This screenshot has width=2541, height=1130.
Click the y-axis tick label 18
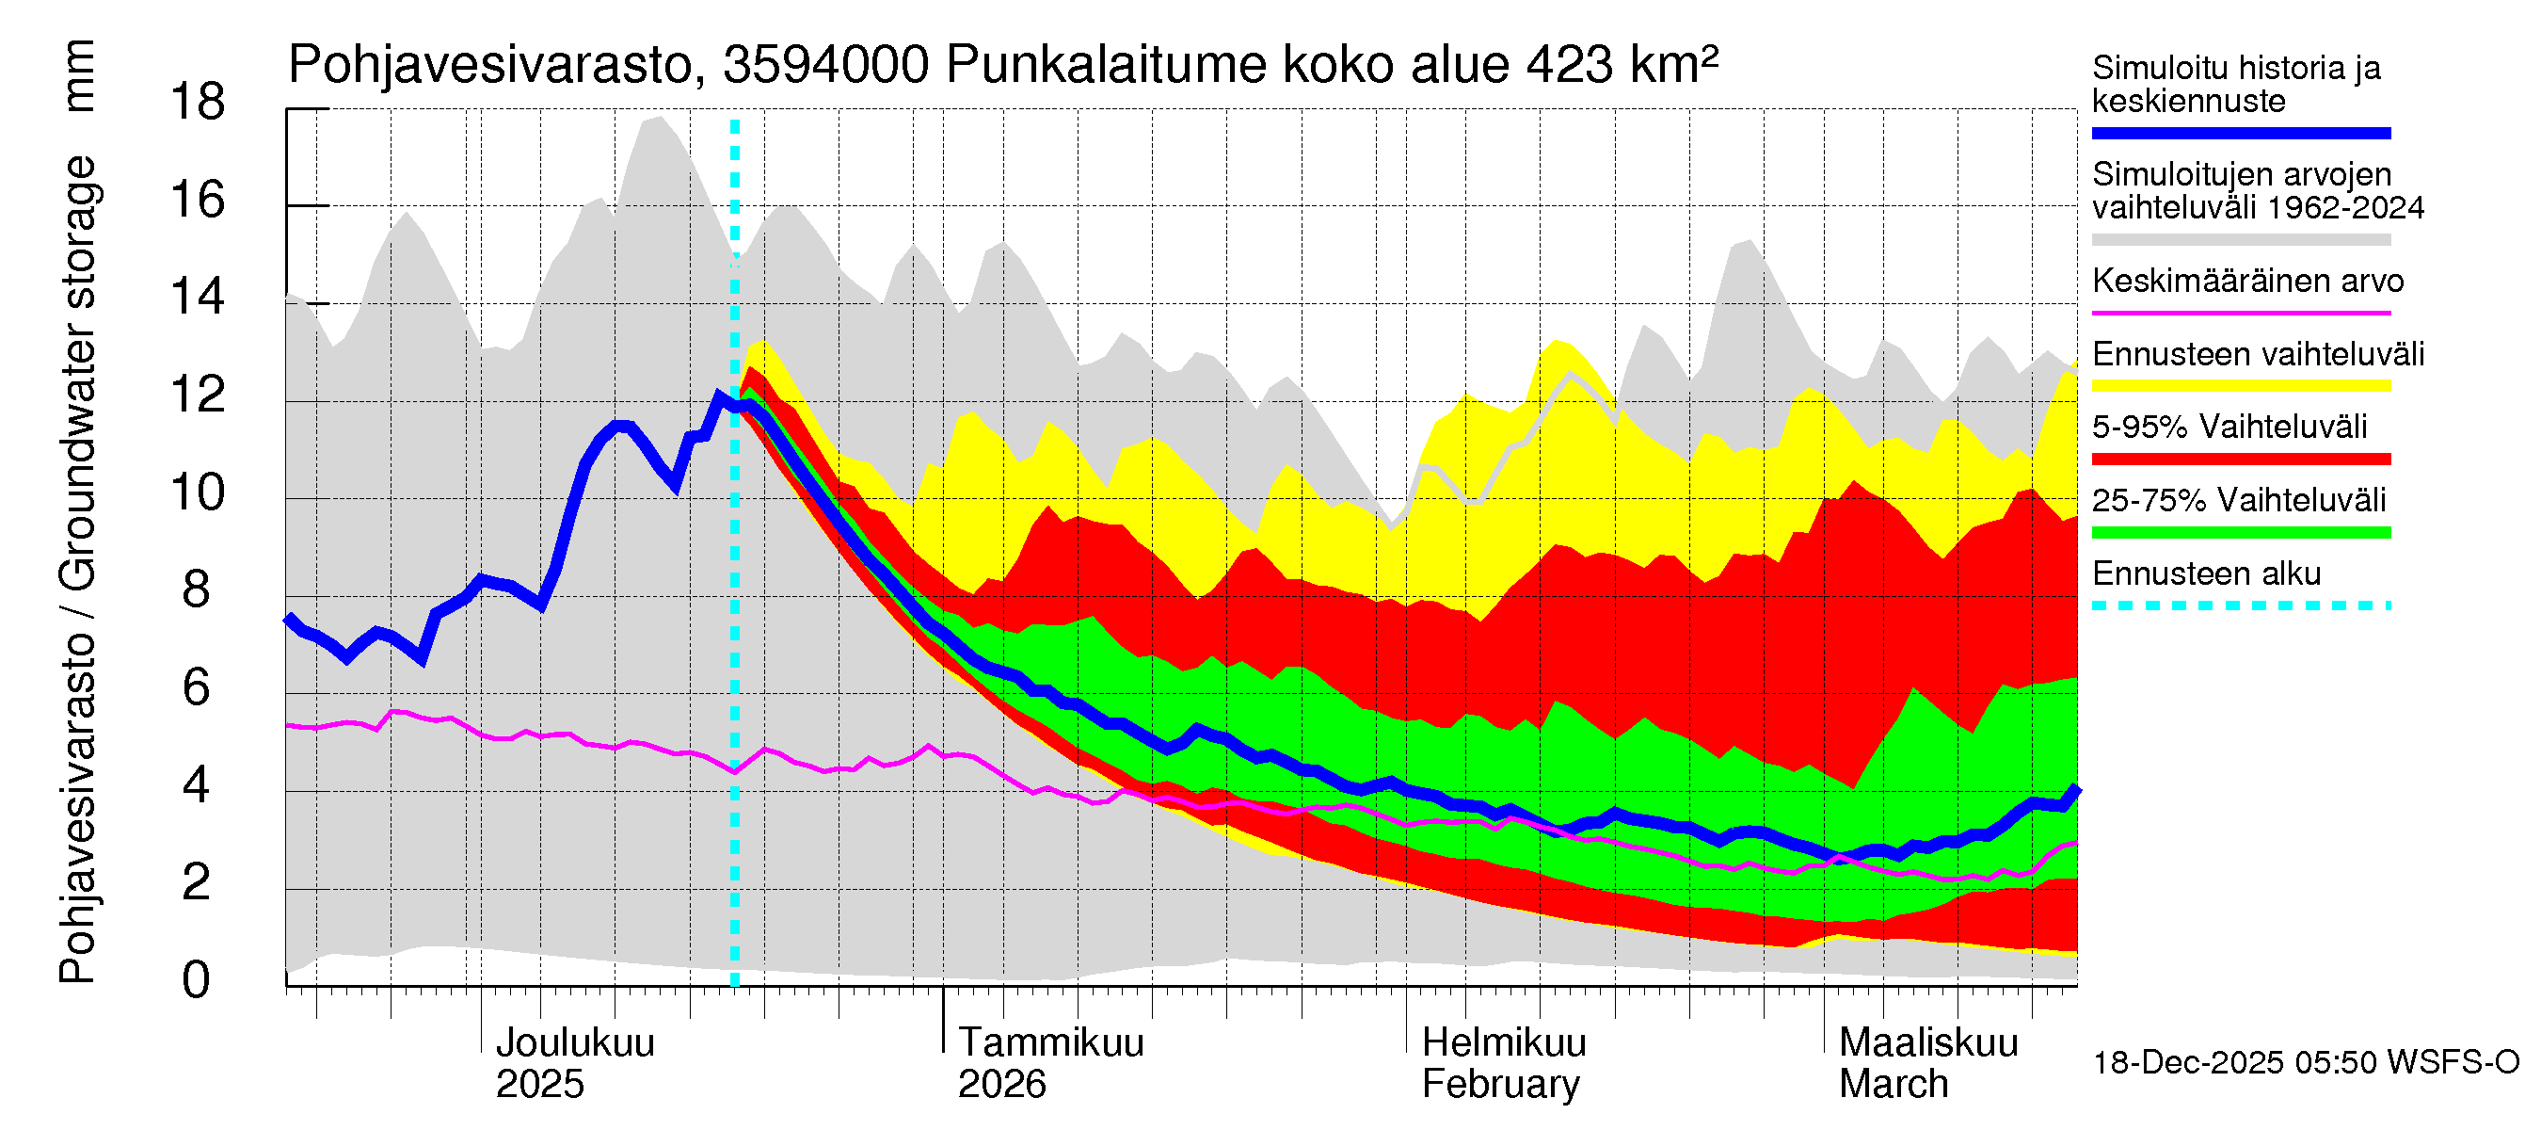click(198, 103)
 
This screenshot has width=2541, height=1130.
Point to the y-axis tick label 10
click(198, 492)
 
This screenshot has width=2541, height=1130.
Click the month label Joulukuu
click(574, 1042)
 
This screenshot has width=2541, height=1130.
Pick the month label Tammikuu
click(1050, 1042)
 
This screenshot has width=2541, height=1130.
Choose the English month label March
click(1893, 1085)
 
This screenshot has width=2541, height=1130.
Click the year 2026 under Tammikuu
click(1001, 1085)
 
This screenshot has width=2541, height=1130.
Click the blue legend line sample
click(2240, 133)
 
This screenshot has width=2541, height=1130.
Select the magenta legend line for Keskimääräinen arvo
click(2240, 313)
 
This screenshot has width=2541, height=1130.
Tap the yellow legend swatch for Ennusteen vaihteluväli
click(2240, 386)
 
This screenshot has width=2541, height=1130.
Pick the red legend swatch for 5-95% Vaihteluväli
click(2240, 459)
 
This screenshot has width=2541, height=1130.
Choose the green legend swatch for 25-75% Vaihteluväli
click(2240, 533)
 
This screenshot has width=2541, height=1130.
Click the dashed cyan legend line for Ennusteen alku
click(2240, 605)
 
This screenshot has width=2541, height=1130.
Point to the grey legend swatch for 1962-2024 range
click(2240, 240)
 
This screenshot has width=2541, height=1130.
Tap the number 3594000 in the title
click(825, 66)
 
